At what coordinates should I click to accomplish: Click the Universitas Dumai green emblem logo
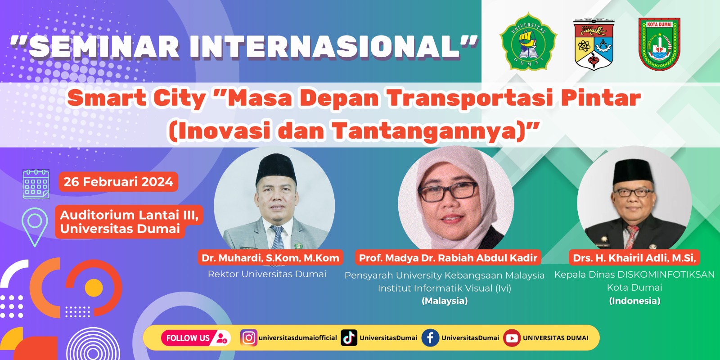tap(528, 41)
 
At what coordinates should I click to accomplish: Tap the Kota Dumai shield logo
tap(659, 44)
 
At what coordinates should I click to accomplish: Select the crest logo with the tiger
tap(594, 44)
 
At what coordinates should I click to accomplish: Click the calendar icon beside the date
tap(36, 184)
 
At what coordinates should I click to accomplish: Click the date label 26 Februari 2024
tap(118, 182)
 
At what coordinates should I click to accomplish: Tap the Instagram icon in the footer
tap(248, 338)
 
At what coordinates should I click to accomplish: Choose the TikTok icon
tap(349, 338)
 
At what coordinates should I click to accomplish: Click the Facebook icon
tap(430, 338)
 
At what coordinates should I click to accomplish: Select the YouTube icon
tap(512, 338)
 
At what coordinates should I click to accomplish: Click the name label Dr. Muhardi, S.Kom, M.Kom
tap(270, 258)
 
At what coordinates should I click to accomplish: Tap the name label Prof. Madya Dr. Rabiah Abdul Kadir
tap(448, 258)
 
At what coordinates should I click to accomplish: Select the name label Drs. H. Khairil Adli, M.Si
tap(634, 258)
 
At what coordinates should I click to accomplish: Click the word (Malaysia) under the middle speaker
tap(445, 301)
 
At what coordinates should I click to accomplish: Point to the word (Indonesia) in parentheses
tap(634, 301)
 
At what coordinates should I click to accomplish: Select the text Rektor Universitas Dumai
tap(267, 274)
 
